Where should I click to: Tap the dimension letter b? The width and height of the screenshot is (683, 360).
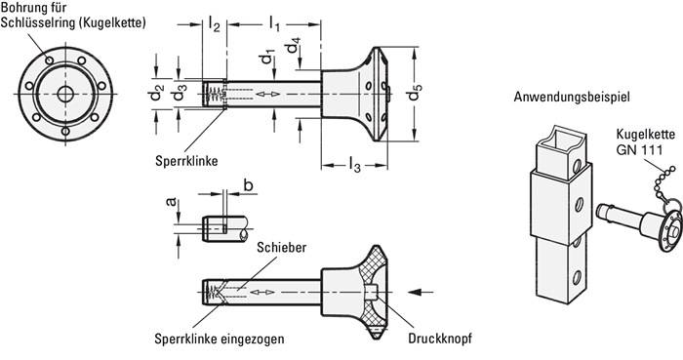coord(248,211)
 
